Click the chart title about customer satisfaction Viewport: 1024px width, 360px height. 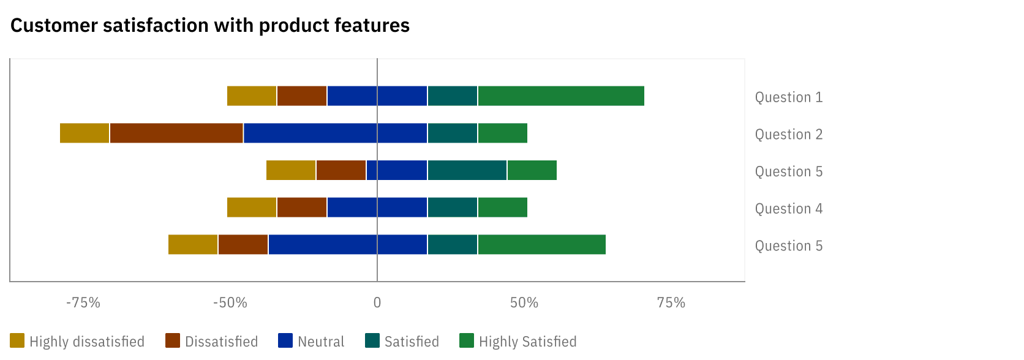tap(210, 26)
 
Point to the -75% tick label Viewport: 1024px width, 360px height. tap(83, 302)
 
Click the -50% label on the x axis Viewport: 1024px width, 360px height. tap(230, 302)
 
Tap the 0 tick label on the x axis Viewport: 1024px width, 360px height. tap(377, 302)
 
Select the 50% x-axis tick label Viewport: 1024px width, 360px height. tap(524, 302)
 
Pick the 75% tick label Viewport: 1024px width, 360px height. tap(671, 302)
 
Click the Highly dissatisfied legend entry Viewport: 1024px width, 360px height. tap(78, 341)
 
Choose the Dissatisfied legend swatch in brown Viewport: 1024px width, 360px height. tap(173, 341)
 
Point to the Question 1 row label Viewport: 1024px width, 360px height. tap(789, 97)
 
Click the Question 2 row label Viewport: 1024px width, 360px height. tap(789, 135)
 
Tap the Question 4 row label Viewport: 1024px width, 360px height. tap(789, 209)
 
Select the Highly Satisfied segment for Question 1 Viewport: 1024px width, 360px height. tap(561, 96)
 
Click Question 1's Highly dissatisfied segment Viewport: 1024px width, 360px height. tap(252, 96)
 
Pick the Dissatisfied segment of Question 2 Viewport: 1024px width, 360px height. tap(176, 133)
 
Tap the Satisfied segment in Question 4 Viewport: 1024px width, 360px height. tap(453, 208)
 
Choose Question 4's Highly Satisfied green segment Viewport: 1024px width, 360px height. tap(503, 208)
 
